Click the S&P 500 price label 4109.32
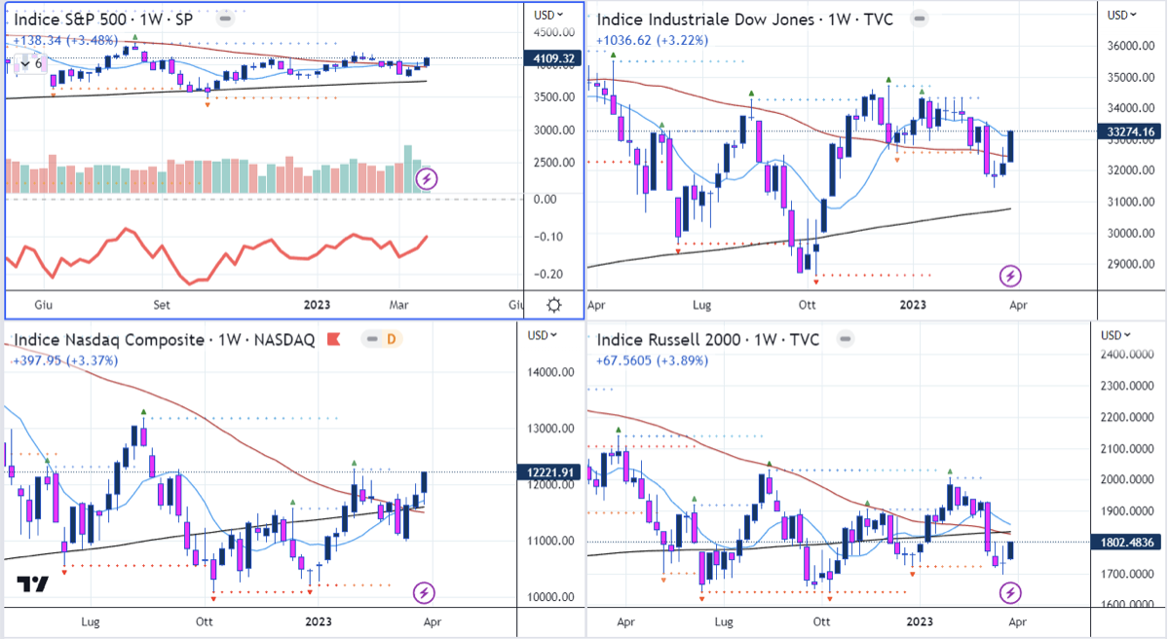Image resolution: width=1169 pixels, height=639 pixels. tap(551, 58)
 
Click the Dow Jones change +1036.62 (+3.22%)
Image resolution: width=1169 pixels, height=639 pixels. tap(652, 40)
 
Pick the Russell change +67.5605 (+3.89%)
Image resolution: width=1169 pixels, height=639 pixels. tap(652, 360)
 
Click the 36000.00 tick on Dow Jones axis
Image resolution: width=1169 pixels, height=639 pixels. tap(1136, 46)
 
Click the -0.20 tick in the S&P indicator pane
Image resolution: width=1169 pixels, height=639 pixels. tap(547, 274)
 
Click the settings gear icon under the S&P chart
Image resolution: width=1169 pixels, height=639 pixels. tap(553, 305)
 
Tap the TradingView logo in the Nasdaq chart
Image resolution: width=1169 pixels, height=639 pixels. tap(32, 585)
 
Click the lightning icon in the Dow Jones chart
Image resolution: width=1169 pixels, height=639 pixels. tap(1011, 276)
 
